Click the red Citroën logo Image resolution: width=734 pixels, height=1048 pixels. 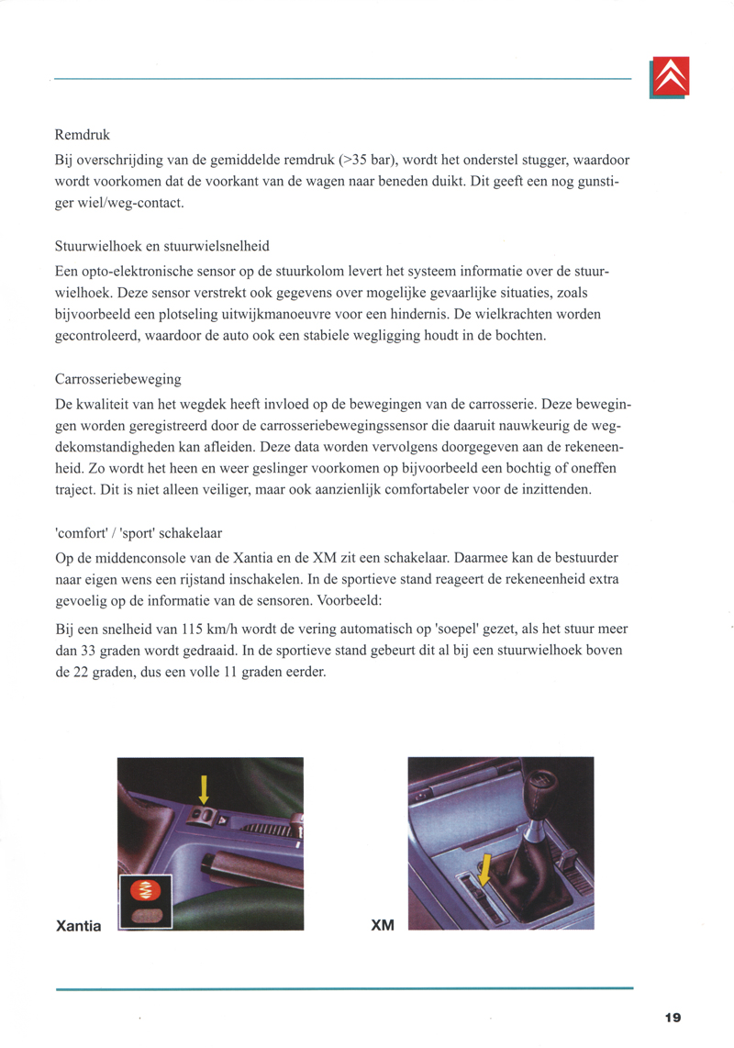tap(669, 77)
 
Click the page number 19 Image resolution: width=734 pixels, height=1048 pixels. tap(673, 1016)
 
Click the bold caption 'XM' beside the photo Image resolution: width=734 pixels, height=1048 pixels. tap(382, 925)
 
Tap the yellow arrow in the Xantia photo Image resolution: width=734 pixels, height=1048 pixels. tap(205, 788)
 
